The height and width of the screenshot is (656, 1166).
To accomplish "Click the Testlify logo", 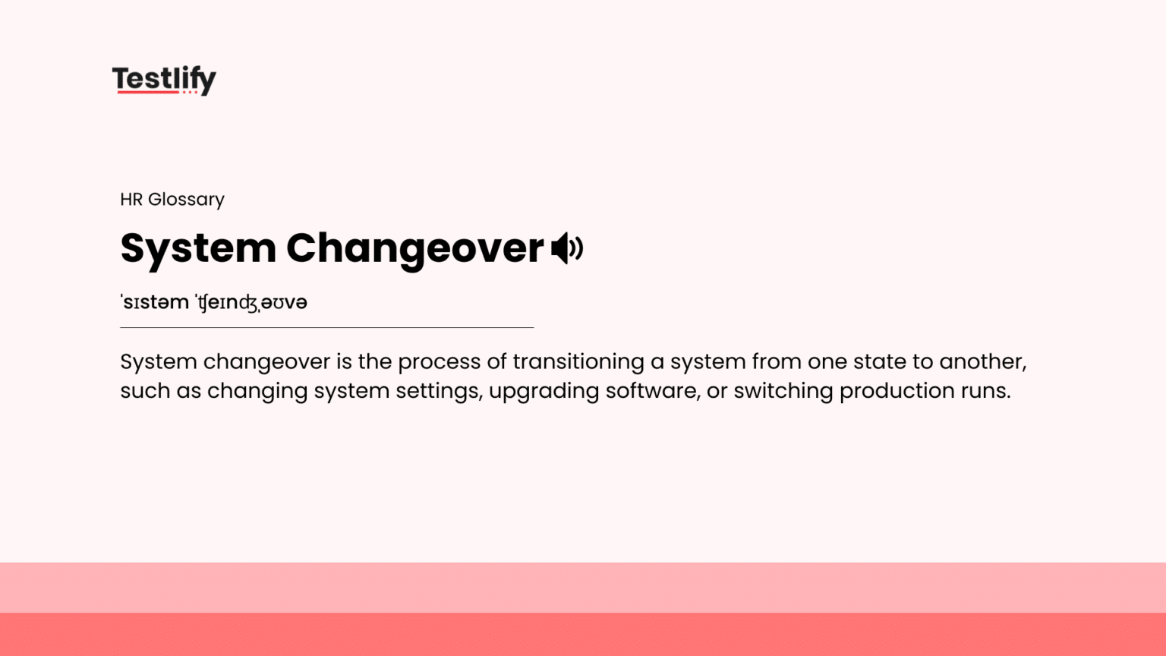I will pos(164,79).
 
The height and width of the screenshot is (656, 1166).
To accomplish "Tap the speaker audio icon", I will pos(567,248).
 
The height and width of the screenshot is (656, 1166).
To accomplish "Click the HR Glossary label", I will pos(172,200).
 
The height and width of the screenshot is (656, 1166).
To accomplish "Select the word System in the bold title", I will pos(198,249).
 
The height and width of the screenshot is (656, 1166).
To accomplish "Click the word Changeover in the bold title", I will pos(414,249).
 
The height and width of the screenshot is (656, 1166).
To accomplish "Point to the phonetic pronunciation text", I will pos(214,302).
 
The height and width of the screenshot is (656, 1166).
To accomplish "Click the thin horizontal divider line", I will pos(326,327).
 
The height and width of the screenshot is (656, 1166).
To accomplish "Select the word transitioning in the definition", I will pos(578,361).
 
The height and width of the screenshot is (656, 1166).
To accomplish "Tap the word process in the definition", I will pos(439,363).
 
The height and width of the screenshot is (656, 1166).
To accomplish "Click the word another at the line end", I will pos(982,361).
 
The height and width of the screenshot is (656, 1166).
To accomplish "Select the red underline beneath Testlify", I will pos(149,92).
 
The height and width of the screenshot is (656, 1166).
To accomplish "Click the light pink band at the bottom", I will pos(583,588).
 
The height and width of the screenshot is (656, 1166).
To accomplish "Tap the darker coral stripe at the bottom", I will pos(583,635).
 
